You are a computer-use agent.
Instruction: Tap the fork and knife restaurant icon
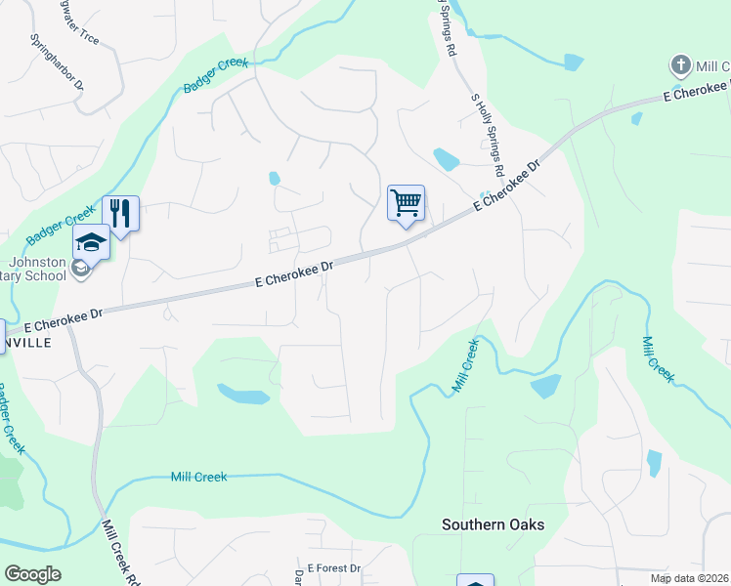pos(120,213)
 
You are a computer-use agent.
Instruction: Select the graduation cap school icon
pos(90,242)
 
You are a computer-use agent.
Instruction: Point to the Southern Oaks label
pos(493,524)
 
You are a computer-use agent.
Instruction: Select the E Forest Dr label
pos(334,567)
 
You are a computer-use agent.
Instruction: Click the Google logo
pos(32,574)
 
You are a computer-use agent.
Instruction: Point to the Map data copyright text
pos(689,578)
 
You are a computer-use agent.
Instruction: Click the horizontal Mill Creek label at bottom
pos(198,477)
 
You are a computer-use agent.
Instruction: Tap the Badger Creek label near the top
pos(217,76)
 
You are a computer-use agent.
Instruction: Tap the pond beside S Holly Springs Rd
pos(446,158)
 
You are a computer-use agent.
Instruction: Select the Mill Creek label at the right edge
pos(659,358)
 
